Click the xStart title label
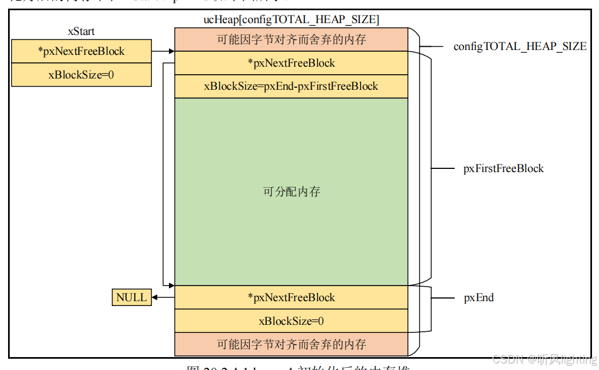[81, 32]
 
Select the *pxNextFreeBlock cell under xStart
[81, 52]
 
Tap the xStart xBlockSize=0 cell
[81, 75]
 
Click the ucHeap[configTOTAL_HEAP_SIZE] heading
[291, 20]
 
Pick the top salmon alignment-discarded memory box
[291, 40]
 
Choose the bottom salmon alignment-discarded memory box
[291, 344]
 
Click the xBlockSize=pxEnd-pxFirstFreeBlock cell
[291, 86]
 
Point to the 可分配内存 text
[291, 191]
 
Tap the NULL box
[131, 297]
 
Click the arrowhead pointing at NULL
[155, 297]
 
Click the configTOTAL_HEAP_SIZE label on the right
[520, 46]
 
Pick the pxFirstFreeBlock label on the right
[503, 168]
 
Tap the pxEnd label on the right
[478, 297]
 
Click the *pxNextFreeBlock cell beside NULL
[291, 297]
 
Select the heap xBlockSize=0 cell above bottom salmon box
[291, 321]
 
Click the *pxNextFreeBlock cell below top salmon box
[291, 63]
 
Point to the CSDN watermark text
[544, 359]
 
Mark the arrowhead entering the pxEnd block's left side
[171, 285]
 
